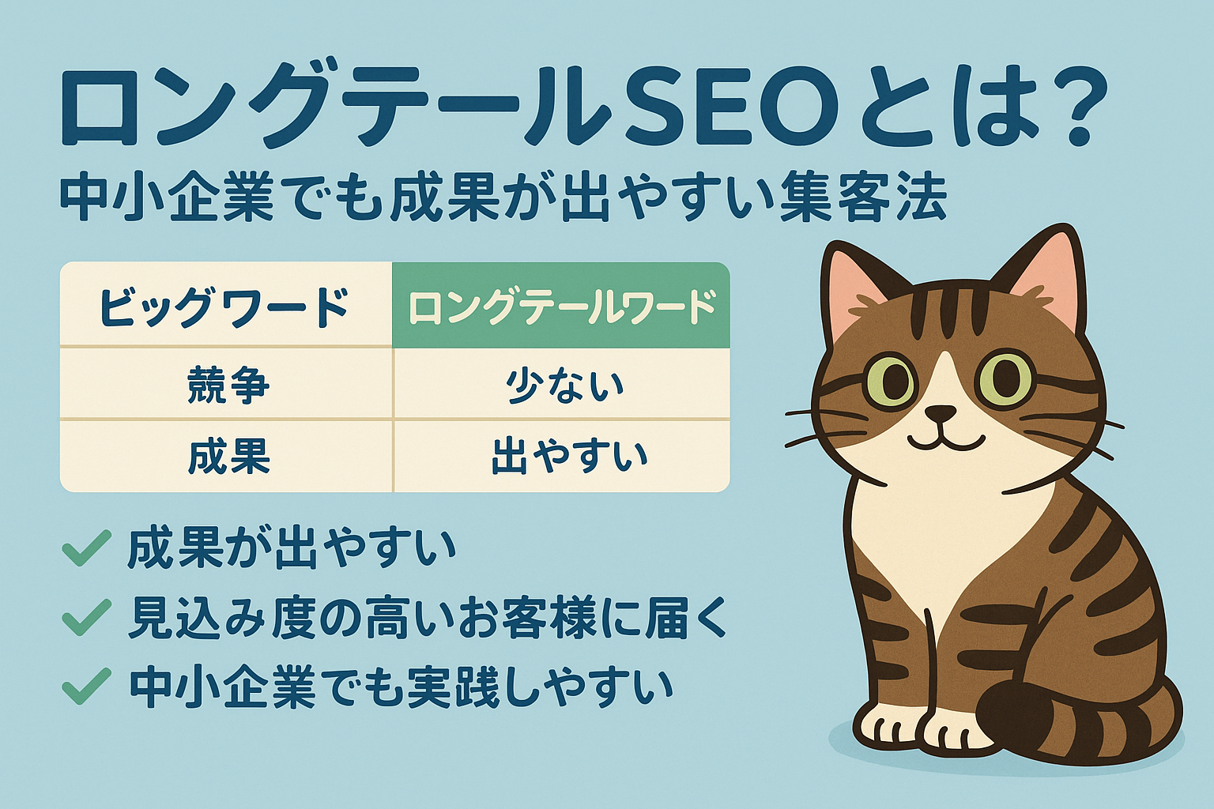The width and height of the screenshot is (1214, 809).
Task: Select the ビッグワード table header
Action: pos(224,307)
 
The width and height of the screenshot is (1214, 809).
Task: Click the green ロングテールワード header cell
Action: pos(561,307)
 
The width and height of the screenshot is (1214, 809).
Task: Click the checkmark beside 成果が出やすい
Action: pos(85,547)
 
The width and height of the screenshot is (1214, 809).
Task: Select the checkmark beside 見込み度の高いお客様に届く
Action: pos(85,617)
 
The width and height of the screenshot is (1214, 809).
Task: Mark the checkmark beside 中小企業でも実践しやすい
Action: pos(85,685)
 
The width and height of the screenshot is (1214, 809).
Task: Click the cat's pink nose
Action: pos(941,413)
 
